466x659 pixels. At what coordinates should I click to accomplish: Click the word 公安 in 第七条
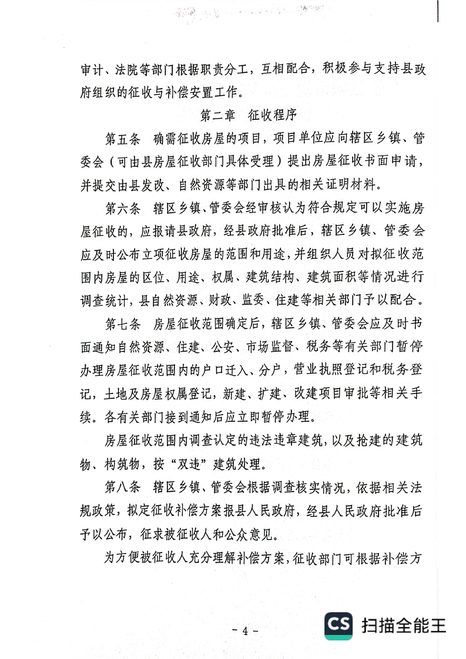coord(218,347)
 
